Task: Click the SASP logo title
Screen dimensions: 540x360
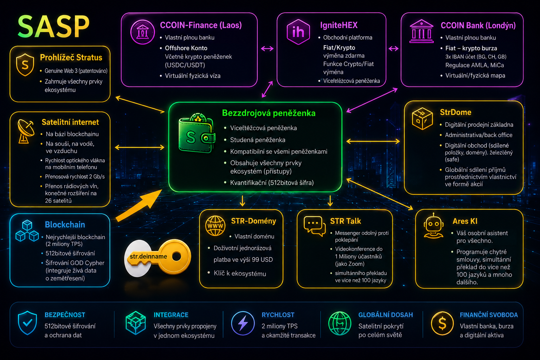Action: [x=53, y=26]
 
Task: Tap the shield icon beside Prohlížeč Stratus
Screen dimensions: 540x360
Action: [x=25, y=65]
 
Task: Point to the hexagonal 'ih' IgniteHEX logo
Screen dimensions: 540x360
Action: [x=298, y=32]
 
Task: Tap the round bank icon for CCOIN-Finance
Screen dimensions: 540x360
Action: [x=142, y=32]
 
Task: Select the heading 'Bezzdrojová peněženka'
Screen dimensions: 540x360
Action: [x=269, y=113]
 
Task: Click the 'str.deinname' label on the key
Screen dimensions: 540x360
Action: [x=148, y=256]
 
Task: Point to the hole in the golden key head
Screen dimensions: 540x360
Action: [x=177, y=256]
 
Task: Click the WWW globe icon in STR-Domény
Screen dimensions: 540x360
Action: [x=215, y=226]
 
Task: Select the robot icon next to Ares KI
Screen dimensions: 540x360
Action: [x=433, y=226]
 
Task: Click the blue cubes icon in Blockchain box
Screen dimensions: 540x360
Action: [x=27, y=231]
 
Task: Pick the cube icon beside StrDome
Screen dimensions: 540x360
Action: [x=422, y=118]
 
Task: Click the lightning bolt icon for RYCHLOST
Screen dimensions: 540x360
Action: [x=243, y=323]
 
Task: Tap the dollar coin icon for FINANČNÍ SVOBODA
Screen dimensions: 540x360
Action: [x=442, y=323]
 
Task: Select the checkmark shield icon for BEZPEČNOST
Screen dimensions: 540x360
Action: [x=27, y=323]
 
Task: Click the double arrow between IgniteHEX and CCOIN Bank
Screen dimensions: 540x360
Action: [x=393, y=49]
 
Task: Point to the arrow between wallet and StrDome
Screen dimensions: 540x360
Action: [x=373, y=141]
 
